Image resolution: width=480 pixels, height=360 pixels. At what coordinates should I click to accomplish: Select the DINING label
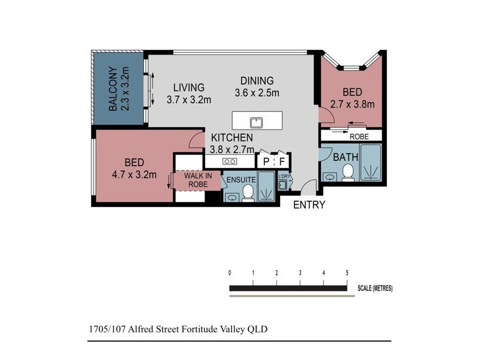(x=257, y=80)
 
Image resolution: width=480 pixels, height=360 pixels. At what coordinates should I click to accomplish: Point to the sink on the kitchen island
(x=257, y=122)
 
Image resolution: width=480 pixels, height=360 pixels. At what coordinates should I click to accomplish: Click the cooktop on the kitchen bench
(x=230, y=161)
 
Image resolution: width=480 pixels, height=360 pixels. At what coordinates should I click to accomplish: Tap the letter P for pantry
(x=266, y=161)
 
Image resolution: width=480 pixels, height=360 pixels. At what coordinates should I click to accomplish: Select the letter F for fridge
(x=282, y=161)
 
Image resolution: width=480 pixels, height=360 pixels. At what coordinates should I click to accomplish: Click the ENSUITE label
(x=240, y=179)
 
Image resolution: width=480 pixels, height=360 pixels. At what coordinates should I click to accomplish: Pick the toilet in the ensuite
(x=247, y=193)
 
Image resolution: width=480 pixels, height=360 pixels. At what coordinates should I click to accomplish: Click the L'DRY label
(x=284, y=176)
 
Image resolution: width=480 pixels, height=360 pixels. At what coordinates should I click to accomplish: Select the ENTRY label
(x=309, y=205)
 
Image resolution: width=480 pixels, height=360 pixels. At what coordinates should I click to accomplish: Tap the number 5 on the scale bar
(x=347, y=273)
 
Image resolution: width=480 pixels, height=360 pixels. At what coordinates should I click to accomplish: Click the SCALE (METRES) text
(x=375, y=289)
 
